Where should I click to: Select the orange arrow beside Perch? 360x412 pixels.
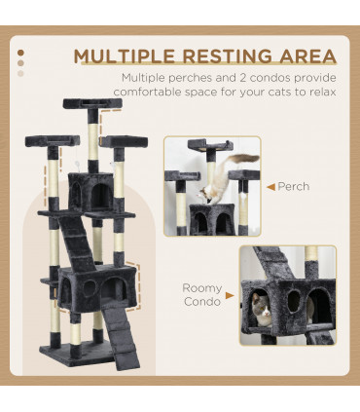point(270,185)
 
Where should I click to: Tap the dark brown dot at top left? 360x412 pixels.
point(21,53)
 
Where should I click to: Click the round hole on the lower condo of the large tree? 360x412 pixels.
point(87,289)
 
